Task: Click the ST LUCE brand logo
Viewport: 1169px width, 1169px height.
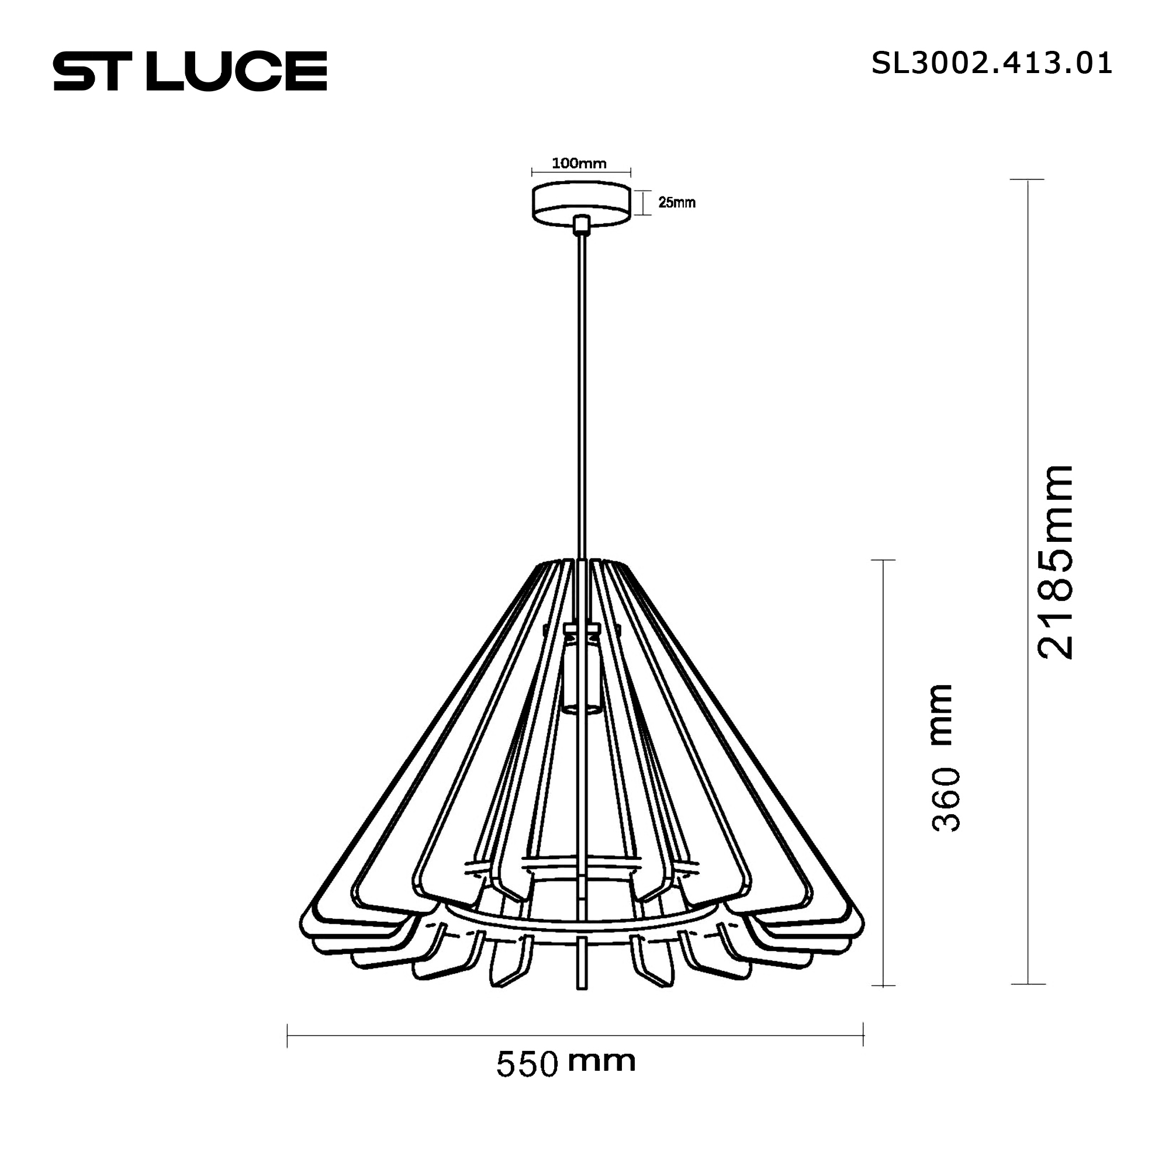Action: (x=190, y=71)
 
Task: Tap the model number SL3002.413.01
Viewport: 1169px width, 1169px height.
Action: (x=991, y=64)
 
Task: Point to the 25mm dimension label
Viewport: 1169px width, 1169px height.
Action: (x=676, y=203)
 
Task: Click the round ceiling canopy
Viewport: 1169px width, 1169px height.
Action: (x=581, y=202)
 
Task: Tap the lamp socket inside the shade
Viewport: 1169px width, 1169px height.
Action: (x=581, y=672)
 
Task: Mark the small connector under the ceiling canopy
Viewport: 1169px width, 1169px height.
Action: (x=582, y=225)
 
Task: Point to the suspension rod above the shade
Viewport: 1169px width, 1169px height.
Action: (x=582, y=393)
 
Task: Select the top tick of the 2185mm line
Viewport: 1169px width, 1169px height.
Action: (x=1028, y=179)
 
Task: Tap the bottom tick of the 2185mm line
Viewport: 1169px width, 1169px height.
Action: (x=1028, y=984)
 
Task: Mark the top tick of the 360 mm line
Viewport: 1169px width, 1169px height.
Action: (x=883, y=561)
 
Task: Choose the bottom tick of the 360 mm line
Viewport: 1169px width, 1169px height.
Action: (x=883, y=985)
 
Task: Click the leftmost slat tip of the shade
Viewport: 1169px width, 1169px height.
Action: (x=302, y=940)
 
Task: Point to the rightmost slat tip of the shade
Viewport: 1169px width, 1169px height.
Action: (x=862, y=940)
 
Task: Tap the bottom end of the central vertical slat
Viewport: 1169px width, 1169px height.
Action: (x=582, y=987)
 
